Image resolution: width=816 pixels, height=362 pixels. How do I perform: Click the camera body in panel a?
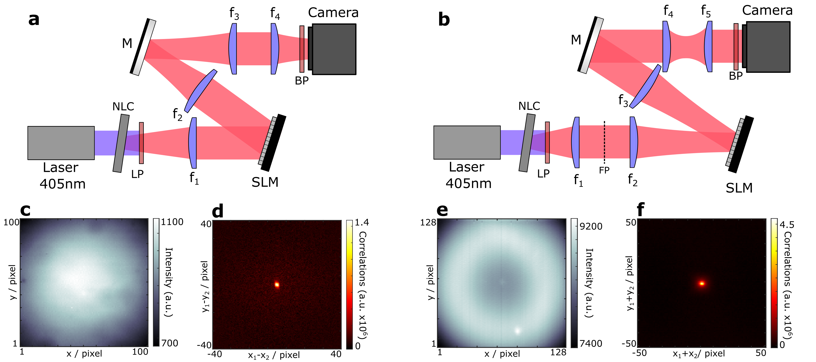point(334,49)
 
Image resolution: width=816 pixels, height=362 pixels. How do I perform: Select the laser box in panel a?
point(61,143)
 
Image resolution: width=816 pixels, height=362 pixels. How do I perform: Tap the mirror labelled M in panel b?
point(591,45)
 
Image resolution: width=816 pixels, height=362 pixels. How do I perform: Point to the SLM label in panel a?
point(265,182)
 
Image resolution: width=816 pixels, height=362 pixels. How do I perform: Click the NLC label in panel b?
point(529,106)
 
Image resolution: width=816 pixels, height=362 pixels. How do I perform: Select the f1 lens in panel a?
point(193,143)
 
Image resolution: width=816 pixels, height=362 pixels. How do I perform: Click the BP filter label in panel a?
point(302,81)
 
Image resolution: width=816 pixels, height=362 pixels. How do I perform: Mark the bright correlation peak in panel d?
point(277,284)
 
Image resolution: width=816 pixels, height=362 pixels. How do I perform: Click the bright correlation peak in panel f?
point(702,283)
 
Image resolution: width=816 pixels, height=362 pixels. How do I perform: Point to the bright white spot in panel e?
point(518,331)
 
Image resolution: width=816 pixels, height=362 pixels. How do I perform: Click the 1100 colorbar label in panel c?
point(172,222)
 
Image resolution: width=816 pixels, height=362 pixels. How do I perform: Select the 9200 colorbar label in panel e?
point(591,226)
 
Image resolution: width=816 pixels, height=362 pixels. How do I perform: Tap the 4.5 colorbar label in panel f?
point(787,225)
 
